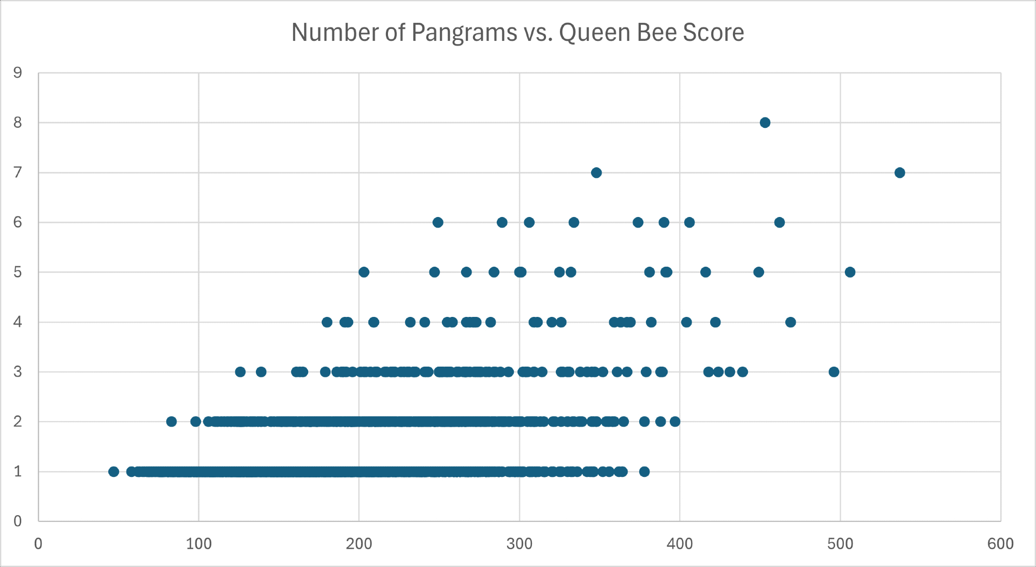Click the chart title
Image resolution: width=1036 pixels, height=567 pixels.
click(x=517, y=33)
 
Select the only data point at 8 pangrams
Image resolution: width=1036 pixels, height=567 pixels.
click(x=765, y=123)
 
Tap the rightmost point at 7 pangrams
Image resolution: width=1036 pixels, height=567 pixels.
click(x=900, y=172)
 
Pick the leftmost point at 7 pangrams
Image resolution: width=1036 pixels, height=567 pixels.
click(x=596, y=172)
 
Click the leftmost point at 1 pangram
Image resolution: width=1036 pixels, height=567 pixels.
click(x=114, y=471)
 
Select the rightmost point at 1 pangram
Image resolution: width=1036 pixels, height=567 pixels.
click(x=644, y=471)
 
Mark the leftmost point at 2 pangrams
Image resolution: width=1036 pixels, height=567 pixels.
click(x=171, y=421)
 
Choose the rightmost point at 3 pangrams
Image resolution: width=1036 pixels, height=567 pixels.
click(x=834, y=372)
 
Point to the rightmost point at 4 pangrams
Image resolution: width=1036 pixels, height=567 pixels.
click(x=790, y=322)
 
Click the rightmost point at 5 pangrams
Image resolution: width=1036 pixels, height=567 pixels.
click(x=850, y=272)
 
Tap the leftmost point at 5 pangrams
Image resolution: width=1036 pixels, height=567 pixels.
click(x=364, y=272)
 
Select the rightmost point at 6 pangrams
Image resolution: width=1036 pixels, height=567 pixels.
click(x=780, y=222)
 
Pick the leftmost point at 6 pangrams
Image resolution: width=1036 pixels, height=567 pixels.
click(x=438, y=222)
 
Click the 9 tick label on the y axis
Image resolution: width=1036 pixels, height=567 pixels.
click(x=18, y=73)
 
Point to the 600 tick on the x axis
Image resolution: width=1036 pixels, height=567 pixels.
click(x=1000, y=544)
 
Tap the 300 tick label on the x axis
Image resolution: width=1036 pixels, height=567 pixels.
click(x=519, y=544)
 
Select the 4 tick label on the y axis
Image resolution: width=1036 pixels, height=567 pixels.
click(x=18, y=322)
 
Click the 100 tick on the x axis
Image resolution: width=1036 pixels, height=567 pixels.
click(x=199, y=544)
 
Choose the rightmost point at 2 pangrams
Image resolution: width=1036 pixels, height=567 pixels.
click(x=675, y=421)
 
